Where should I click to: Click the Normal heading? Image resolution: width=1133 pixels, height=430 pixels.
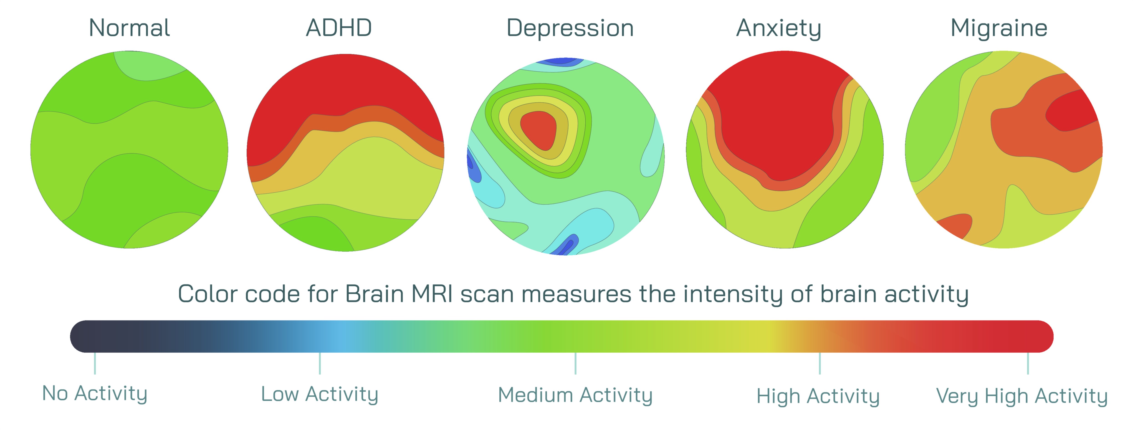[x=129, y=28]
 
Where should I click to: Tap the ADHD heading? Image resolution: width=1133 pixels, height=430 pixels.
[x=339, y=28]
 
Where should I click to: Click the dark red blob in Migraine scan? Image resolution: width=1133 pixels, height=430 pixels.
[x=1071, y=112]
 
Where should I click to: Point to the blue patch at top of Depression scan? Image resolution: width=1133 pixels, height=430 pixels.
[x=560, y=62]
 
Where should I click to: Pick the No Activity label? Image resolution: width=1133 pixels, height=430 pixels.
[x=95, y=394]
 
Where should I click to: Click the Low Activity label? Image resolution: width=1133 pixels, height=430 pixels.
[x=320, y=394]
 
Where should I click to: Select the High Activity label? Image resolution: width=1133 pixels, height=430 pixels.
[x=818, y=396]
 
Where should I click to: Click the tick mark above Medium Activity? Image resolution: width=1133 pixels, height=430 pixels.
[x=575, y=363]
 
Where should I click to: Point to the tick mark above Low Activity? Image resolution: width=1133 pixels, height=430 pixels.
[x=320, y=363]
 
